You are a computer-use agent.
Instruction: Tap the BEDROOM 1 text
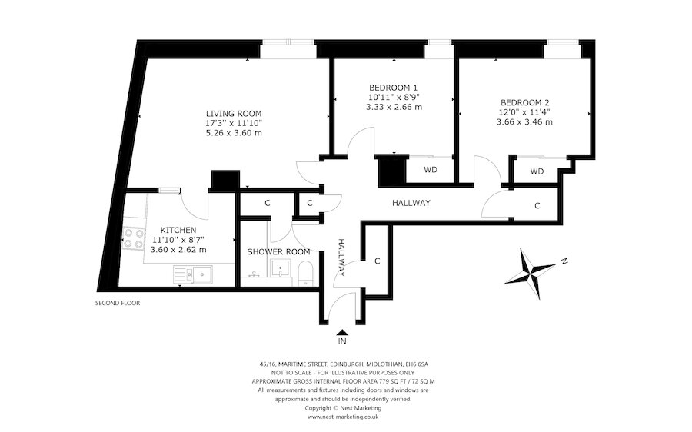394,87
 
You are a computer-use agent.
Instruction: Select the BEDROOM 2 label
524,101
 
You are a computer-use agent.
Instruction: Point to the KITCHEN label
178,230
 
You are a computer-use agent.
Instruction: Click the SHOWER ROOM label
278,251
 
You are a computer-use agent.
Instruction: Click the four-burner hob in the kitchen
134,238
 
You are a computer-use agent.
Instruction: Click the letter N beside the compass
564,261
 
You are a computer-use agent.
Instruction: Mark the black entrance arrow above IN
341,330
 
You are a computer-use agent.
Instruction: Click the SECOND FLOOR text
117,303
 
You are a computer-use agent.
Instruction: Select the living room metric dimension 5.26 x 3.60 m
234,132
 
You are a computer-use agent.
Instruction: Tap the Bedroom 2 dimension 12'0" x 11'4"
524,111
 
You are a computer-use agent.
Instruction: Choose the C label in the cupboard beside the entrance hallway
378,261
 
